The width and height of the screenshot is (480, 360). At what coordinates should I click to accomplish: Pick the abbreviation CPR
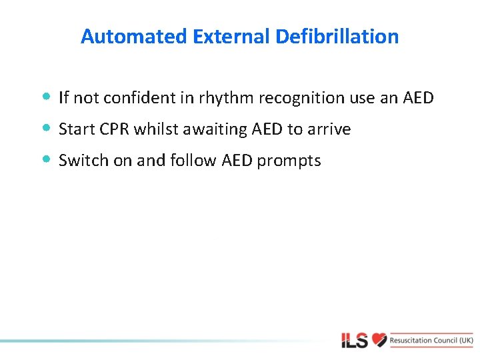[113, 129]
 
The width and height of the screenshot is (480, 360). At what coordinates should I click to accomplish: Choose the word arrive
[329, 129]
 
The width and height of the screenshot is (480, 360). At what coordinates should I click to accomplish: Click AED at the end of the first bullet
[418, 98]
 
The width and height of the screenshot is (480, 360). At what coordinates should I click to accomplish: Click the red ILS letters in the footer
[355, 341]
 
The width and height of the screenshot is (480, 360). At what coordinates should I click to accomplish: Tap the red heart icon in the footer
[379, 340]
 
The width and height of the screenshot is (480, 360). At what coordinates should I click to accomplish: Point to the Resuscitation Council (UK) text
[432, 340]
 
